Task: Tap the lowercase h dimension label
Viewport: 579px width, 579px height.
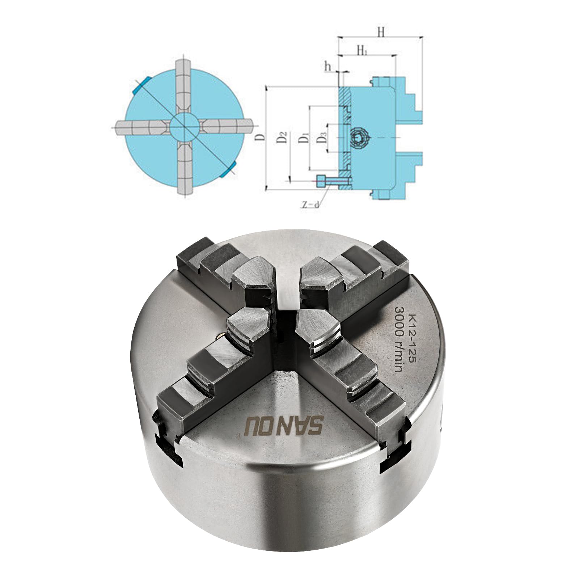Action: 328,66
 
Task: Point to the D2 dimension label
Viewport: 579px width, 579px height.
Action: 284,138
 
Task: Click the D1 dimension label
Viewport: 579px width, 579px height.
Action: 304,138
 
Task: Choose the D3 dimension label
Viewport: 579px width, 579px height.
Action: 322,138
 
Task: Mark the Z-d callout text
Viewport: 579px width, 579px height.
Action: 312,204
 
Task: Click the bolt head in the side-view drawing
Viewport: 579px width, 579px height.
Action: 321,180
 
